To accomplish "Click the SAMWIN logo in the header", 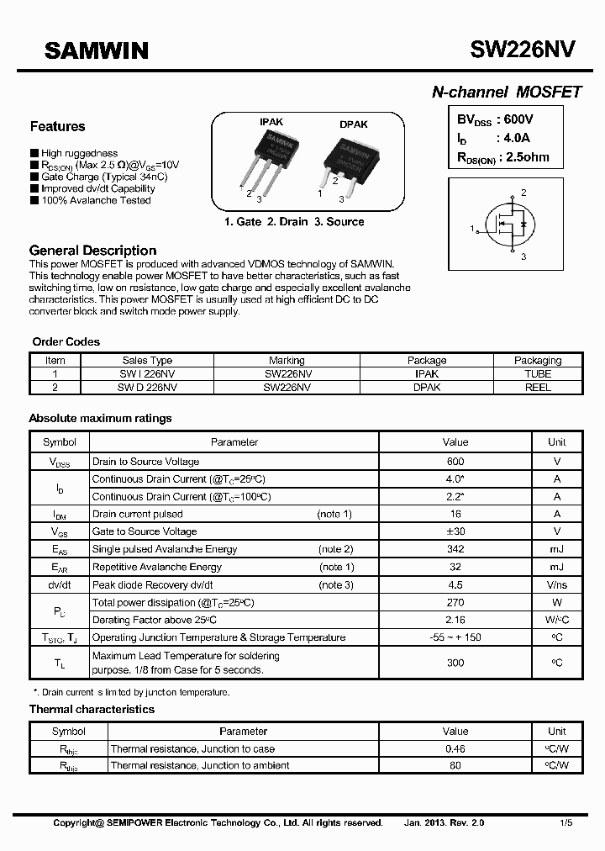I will click(96, 52).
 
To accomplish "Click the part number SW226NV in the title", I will click(523, 50).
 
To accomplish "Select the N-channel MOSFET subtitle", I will click(506, 92).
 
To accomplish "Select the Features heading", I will click(57, 127).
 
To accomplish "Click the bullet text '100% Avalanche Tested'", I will click(96, 201).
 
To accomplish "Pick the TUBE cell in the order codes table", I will click(537, 373).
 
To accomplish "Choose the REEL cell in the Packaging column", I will click(537, 388).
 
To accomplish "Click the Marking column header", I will click(287, 360).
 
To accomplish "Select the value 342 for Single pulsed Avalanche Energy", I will click(455, 549).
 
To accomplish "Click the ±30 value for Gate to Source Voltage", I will click(455, 531).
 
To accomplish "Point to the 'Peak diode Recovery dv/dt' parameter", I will click(152, 584).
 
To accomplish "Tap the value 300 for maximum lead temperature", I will click(455, 663).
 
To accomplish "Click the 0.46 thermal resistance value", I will click(455, 748).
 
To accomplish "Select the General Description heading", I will click(92, 251).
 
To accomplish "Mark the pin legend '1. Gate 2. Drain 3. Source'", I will click(294, 222).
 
